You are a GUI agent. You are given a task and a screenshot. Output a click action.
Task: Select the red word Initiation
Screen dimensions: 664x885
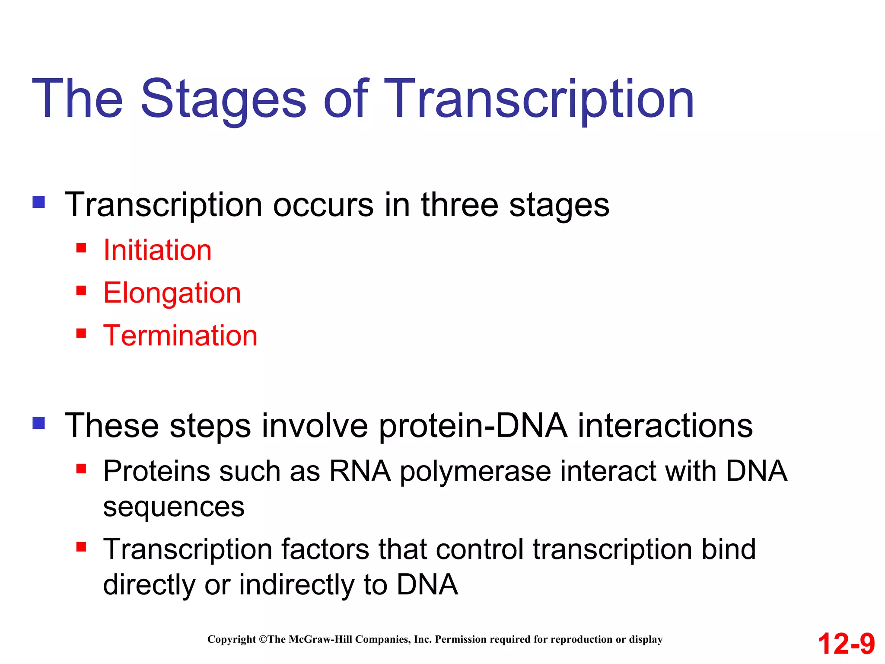[x=157, y=250]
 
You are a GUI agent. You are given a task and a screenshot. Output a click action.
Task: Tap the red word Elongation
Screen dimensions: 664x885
[x=172, y=293]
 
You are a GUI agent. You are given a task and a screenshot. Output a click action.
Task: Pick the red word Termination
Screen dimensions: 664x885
[x=180, y=335]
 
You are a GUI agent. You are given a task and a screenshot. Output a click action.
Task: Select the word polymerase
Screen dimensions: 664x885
[x=475, y=471]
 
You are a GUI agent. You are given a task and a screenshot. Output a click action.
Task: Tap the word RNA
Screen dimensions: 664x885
[x=360, y=471]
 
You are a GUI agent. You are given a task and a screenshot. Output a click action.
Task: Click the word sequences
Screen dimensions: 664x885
[x=174, y=507]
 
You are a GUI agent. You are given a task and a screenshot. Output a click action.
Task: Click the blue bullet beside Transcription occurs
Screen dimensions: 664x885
[x=39, y=202]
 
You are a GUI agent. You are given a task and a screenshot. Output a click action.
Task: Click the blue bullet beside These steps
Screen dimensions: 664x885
[x=39, y=423]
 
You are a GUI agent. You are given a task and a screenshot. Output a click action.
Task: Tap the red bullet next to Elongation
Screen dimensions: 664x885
[x=81, y=290]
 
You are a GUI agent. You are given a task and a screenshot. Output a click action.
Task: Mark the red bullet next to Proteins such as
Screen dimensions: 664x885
[x=81, y=469]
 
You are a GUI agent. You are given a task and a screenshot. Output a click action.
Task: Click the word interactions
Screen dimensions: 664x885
[x=665, y=426]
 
